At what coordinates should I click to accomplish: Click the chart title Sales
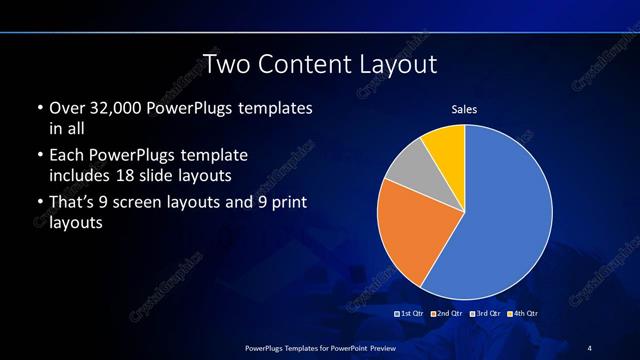[464, 108]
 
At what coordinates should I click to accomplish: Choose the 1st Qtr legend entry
[411, 314]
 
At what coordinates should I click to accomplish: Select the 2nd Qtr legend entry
[447, 314]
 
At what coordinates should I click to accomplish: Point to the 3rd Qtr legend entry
[485, 314]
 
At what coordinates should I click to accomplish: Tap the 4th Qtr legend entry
[523, 314]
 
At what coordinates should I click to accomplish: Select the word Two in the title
[224, 65]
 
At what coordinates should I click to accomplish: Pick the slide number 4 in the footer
[590, 346]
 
